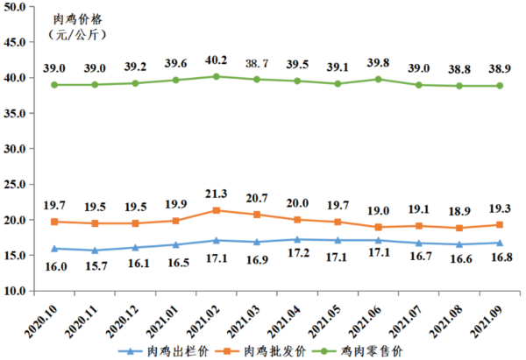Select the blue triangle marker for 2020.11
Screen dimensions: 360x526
coord(94,251)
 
